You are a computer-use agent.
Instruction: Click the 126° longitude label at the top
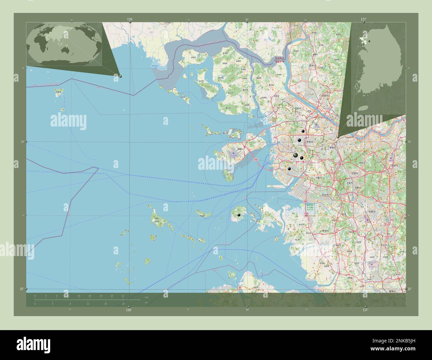(130, 20)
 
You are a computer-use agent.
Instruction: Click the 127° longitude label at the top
(364, 20)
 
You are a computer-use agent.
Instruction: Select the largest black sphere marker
(295, 155)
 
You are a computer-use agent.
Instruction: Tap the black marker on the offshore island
(239, 215)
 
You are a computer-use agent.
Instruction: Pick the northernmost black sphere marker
(303, 132)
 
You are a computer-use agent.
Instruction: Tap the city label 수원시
(372, 212)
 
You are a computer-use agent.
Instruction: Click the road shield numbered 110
(256, 160)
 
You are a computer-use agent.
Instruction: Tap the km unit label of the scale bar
(146, 297)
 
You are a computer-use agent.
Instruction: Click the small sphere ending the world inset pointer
(120, 76)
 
